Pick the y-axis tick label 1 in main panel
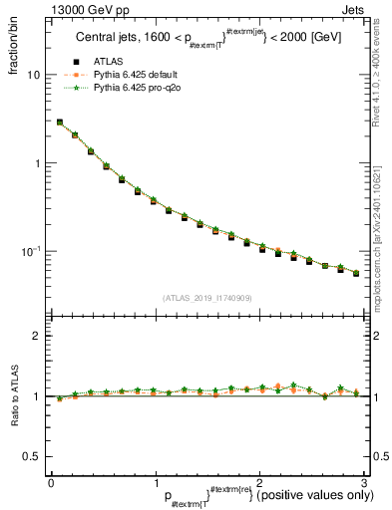[37, 163]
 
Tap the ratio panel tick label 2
[37, 337]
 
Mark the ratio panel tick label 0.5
[32, 457]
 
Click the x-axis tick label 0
[51, 483]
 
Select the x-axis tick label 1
[155, 483]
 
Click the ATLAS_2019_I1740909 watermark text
[206, 298]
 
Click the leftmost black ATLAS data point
[60, 123]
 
